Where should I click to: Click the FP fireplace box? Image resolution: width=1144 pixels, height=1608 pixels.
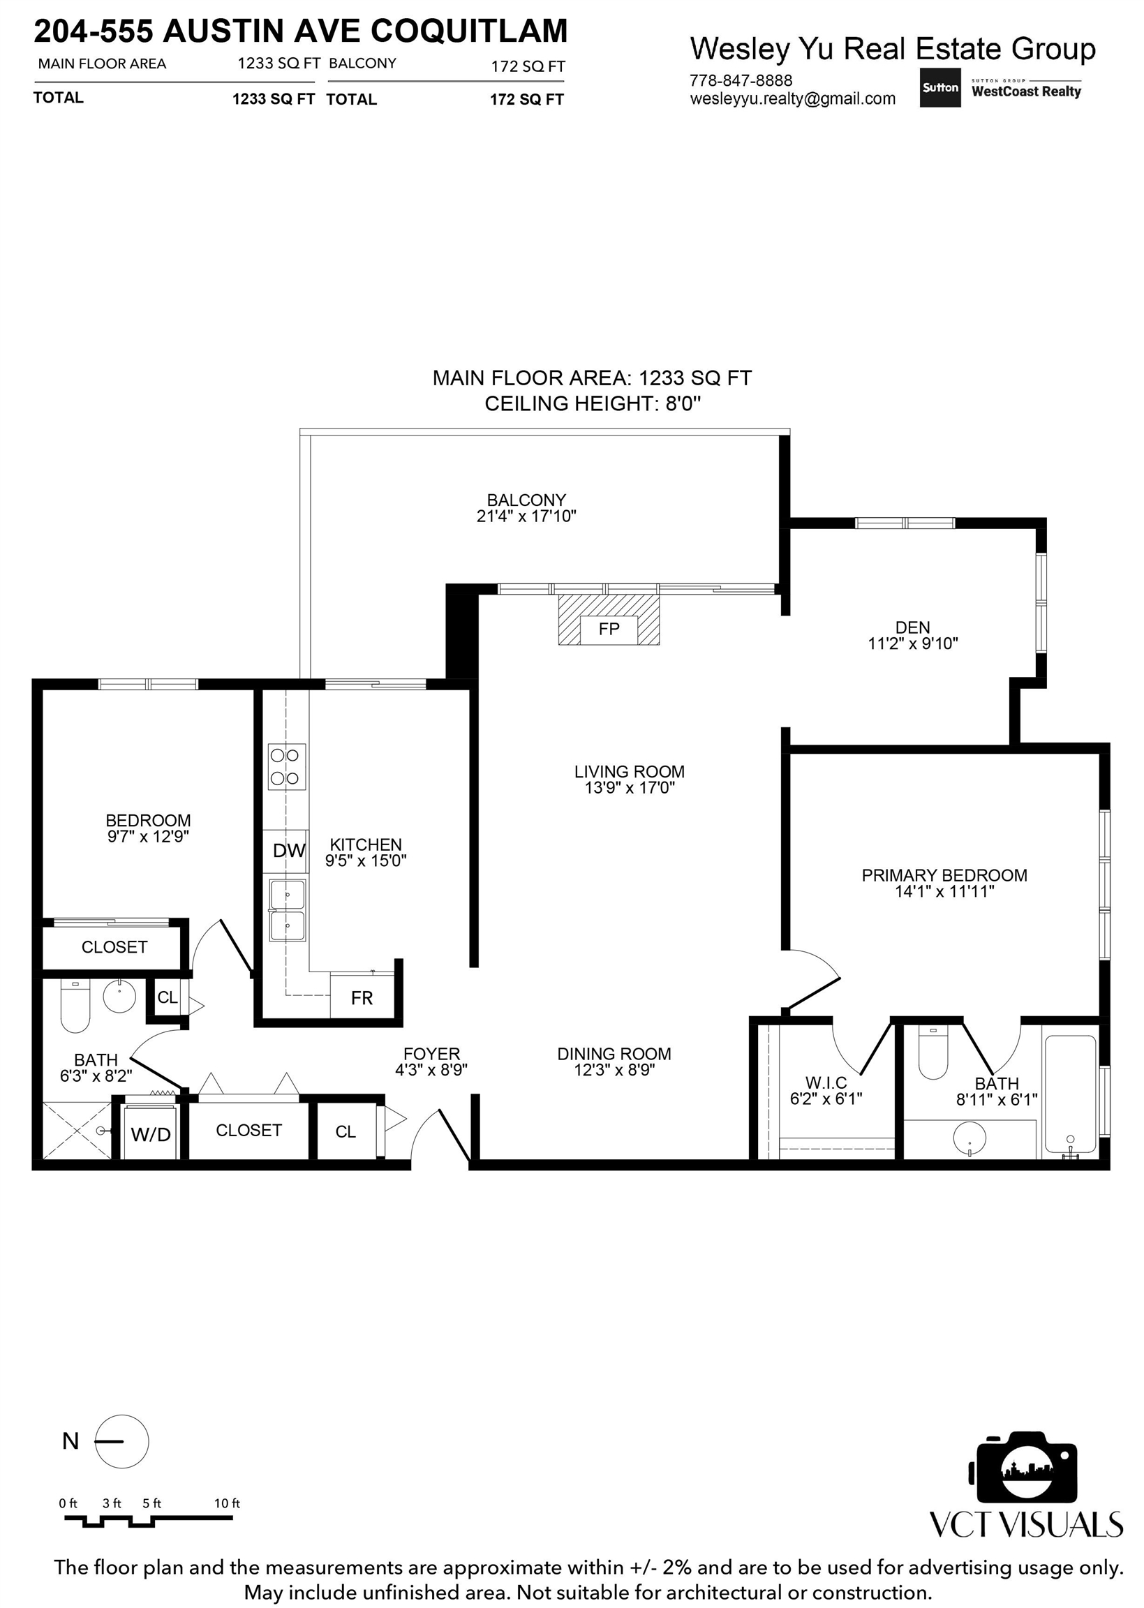[x=609, y=629]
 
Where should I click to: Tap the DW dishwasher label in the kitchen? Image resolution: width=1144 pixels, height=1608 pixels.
[x=289, y=851]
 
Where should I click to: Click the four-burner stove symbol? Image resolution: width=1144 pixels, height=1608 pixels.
[x=287, y=766]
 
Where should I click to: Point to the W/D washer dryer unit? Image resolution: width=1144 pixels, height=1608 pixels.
[x=151, y=1133]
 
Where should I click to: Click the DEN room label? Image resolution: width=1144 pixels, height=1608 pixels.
[x=912, y=627]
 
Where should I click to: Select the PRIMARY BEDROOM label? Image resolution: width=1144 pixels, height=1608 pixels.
[x=944, y=874]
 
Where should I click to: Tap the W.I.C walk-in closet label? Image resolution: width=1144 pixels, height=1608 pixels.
[x=826, y=1082]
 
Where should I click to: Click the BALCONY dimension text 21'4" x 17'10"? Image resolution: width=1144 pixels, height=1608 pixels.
[x=526, y=516]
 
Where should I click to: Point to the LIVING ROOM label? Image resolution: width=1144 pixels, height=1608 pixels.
[x=629, y=771]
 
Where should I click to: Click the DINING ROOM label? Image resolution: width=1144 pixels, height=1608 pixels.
[x=614, y=1054]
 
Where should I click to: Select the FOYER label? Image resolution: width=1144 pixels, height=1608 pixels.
[x=431, y=1054]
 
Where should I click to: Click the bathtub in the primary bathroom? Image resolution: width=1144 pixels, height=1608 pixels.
[x=1070, y=1093]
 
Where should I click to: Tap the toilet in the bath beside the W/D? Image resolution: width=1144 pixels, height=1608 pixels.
[x=75, y=1006]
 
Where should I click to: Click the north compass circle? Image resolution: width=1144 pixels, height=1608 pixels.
[x=122, y=1441]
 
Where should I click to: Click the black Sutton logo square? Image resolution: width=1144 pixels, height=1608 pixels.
[x=939, y=87]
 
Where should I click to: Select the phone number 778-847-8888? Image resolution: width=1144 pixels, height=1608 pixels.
[x=741, y=80]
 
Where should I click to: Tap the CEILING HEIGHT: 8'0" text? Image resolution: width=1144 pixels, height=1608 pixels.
[x=593, y=403]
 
